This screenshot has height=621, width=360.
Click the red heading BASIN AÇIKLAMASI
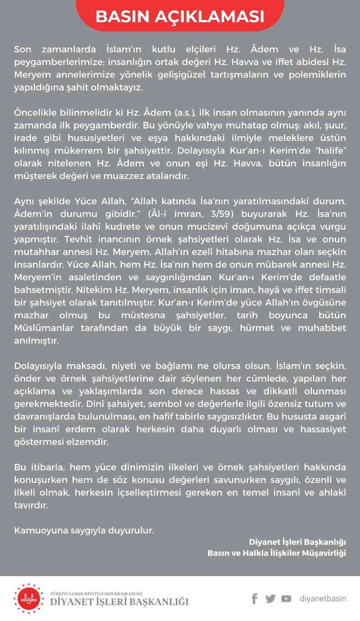[x=180, y=17]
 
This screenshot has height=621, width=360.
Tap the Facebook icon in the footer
[x=254, y=598]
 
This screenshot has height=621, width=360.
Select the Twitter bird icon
[x=270, y=598]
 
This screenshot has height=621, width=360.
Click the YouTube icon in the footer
[x=286, y=598]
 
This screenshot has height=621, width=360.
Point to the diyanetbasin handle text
[x=323, y=598]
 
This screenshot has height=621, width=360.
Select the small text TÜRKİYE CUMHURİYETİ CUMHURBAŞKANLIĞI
[x=96, y=593]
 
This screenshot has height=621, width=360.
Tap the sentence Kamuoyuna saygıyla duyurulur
[x=84, y=530]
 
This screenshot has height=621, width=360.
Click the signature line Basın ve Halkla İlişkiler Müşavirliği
[x=276, y=553]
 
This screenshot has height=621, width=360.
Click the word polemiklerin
[x=317, y=75]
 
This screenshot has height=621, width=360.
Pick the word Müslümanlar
[x=44, y=328]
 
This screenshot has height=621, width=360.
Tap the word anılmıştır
[x=36, y=341]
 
